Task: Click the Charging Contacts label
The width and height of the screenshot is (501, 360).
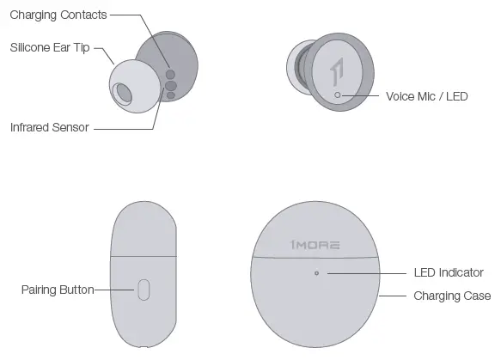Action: click(58, 15)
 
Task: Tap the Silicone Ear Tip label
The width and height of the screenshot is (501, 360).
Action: click(50, 48)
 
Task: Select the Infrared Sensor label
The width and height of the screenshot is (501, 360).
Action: click(49, 127)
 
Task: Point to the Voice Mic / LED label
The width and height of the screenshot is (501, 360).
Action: click(426, 96)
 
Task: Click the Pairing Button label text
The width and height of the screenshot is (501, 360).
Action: click(58, 290)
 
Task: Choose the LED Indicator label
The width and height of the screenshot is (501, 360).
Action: click(448, 273)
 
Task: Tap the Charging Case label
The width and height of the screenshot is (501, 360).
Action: click(452, 296)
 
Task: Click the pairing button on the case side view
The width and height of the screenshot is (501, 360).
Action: click(144, 290)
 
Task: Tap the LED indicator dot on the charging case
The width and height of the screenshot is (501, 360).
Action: click(317, 273)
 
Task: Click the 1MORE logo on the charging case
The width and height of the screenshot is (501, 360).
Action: click(315, 245)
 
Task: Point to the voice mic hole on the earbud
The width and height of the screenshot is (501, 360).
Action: click(338, 95)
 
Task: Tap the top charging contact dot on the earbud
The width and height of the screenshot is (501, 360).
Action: click(170, 74)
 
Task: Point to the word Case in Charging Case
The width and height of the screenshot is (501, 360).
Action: click(476, 296)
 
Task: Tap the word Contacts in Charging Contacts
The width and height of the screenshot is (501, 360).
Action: click(84, 15)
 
